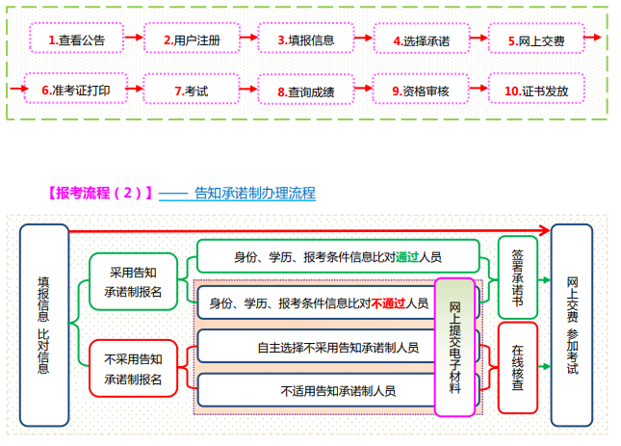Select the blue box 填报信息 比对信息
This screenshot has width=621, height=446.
point(43,325)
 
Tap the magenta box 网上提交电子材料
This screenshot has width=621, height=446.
point(454,346)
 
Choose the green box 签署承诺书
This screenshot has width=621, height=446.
point(518,276)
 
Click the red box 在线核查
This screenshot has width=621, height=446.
point(518,367)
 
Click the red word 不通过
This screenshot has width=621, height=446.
point(389,302)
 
